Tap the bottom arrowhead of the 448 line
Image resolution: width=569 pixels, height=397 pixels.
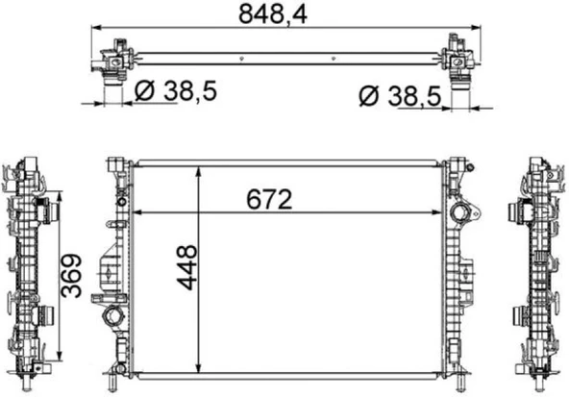coord(199,367)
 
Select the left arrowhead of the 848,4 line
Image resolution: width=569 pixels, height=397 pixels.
coord(96,30)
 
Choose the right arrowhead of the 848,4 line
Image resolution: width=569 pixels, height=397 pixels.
coord(471,30)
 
